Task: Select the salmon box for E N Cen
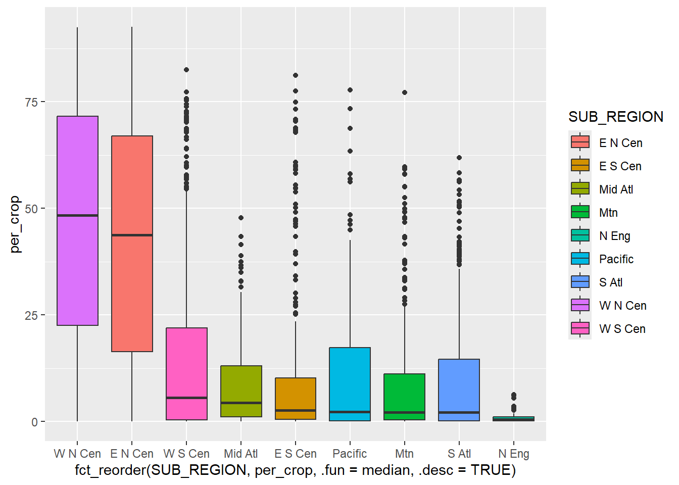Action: point(132,288)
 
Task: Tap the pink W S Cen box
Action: point(186,364)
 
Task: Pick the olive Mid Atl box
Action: point(241,384)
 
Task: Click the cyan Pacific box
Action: point(350,379)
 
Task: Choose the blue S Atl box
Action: point(459,384)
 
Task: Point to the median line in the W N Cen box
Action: point(77,216)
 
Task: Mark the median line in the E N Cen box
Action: point(132,235)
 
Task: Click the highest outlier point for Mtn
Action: point(404,92)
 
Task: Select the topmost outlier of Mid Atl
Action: point(241,218)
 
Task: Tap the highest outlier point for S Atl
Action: point(459,158)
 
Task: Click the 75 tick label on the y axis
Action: point(31,102)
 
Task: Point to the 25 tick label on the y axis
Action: point(31,315)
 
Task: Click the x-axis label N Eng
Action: point(513,454)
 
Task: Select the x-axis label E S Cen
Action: point(296,454)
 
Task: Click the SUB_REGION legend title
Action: point(615,117)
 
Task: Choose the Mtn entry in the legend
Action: point(608,213)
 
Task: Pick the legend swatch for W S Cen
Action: point(580,328)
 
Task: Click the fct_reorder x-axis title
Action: point(296,470)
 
